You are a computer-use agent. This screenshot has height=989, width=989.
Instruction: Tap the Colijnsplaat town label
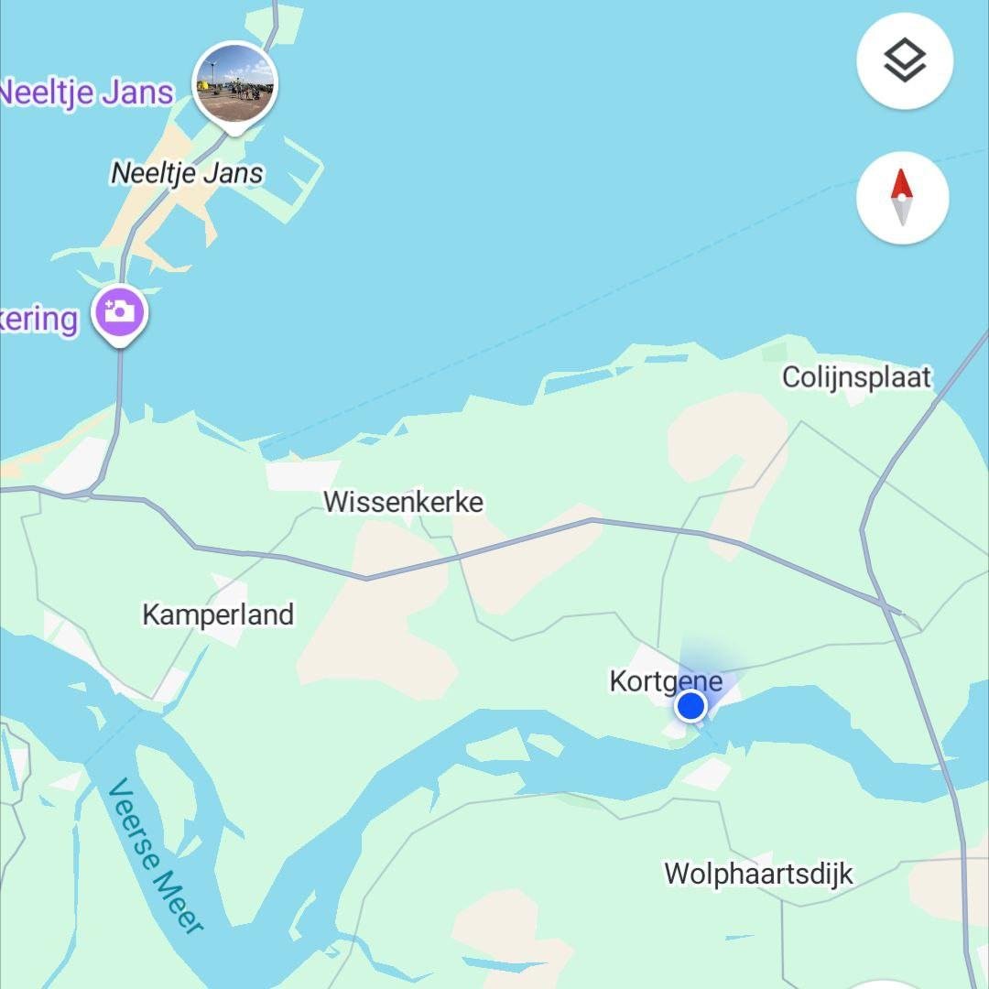click(856, 377)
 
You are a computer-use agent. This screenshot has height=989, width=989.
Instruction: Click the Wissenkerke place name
click(403, 502)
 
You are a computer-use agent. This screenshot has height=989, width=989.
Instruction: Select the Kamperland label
click(218, 614)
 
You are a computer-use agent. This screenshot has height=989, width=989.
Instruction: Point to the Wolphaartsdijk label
click(758, 874)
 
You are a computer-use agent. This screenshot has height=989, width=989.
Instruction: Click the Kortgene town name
click(666, 681)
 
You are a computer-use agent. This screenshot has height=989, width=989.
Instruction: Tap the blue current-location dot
click(690, 706)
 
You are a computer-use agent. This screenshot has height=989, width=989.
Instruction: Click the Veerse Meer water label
click(156, 855)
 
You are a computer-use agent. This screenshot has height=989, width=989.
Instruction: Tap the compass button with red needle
click(903, 198)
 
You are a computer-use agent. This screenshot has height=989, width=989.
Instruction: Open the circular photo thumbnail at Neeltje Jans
click(235, 83)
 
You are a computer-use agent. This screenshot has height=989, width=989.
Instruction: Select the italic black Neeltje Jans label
click(187, 173)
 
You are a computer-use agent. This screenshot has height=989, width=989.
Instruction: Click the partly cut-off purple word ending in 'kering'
click(38, 320)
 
